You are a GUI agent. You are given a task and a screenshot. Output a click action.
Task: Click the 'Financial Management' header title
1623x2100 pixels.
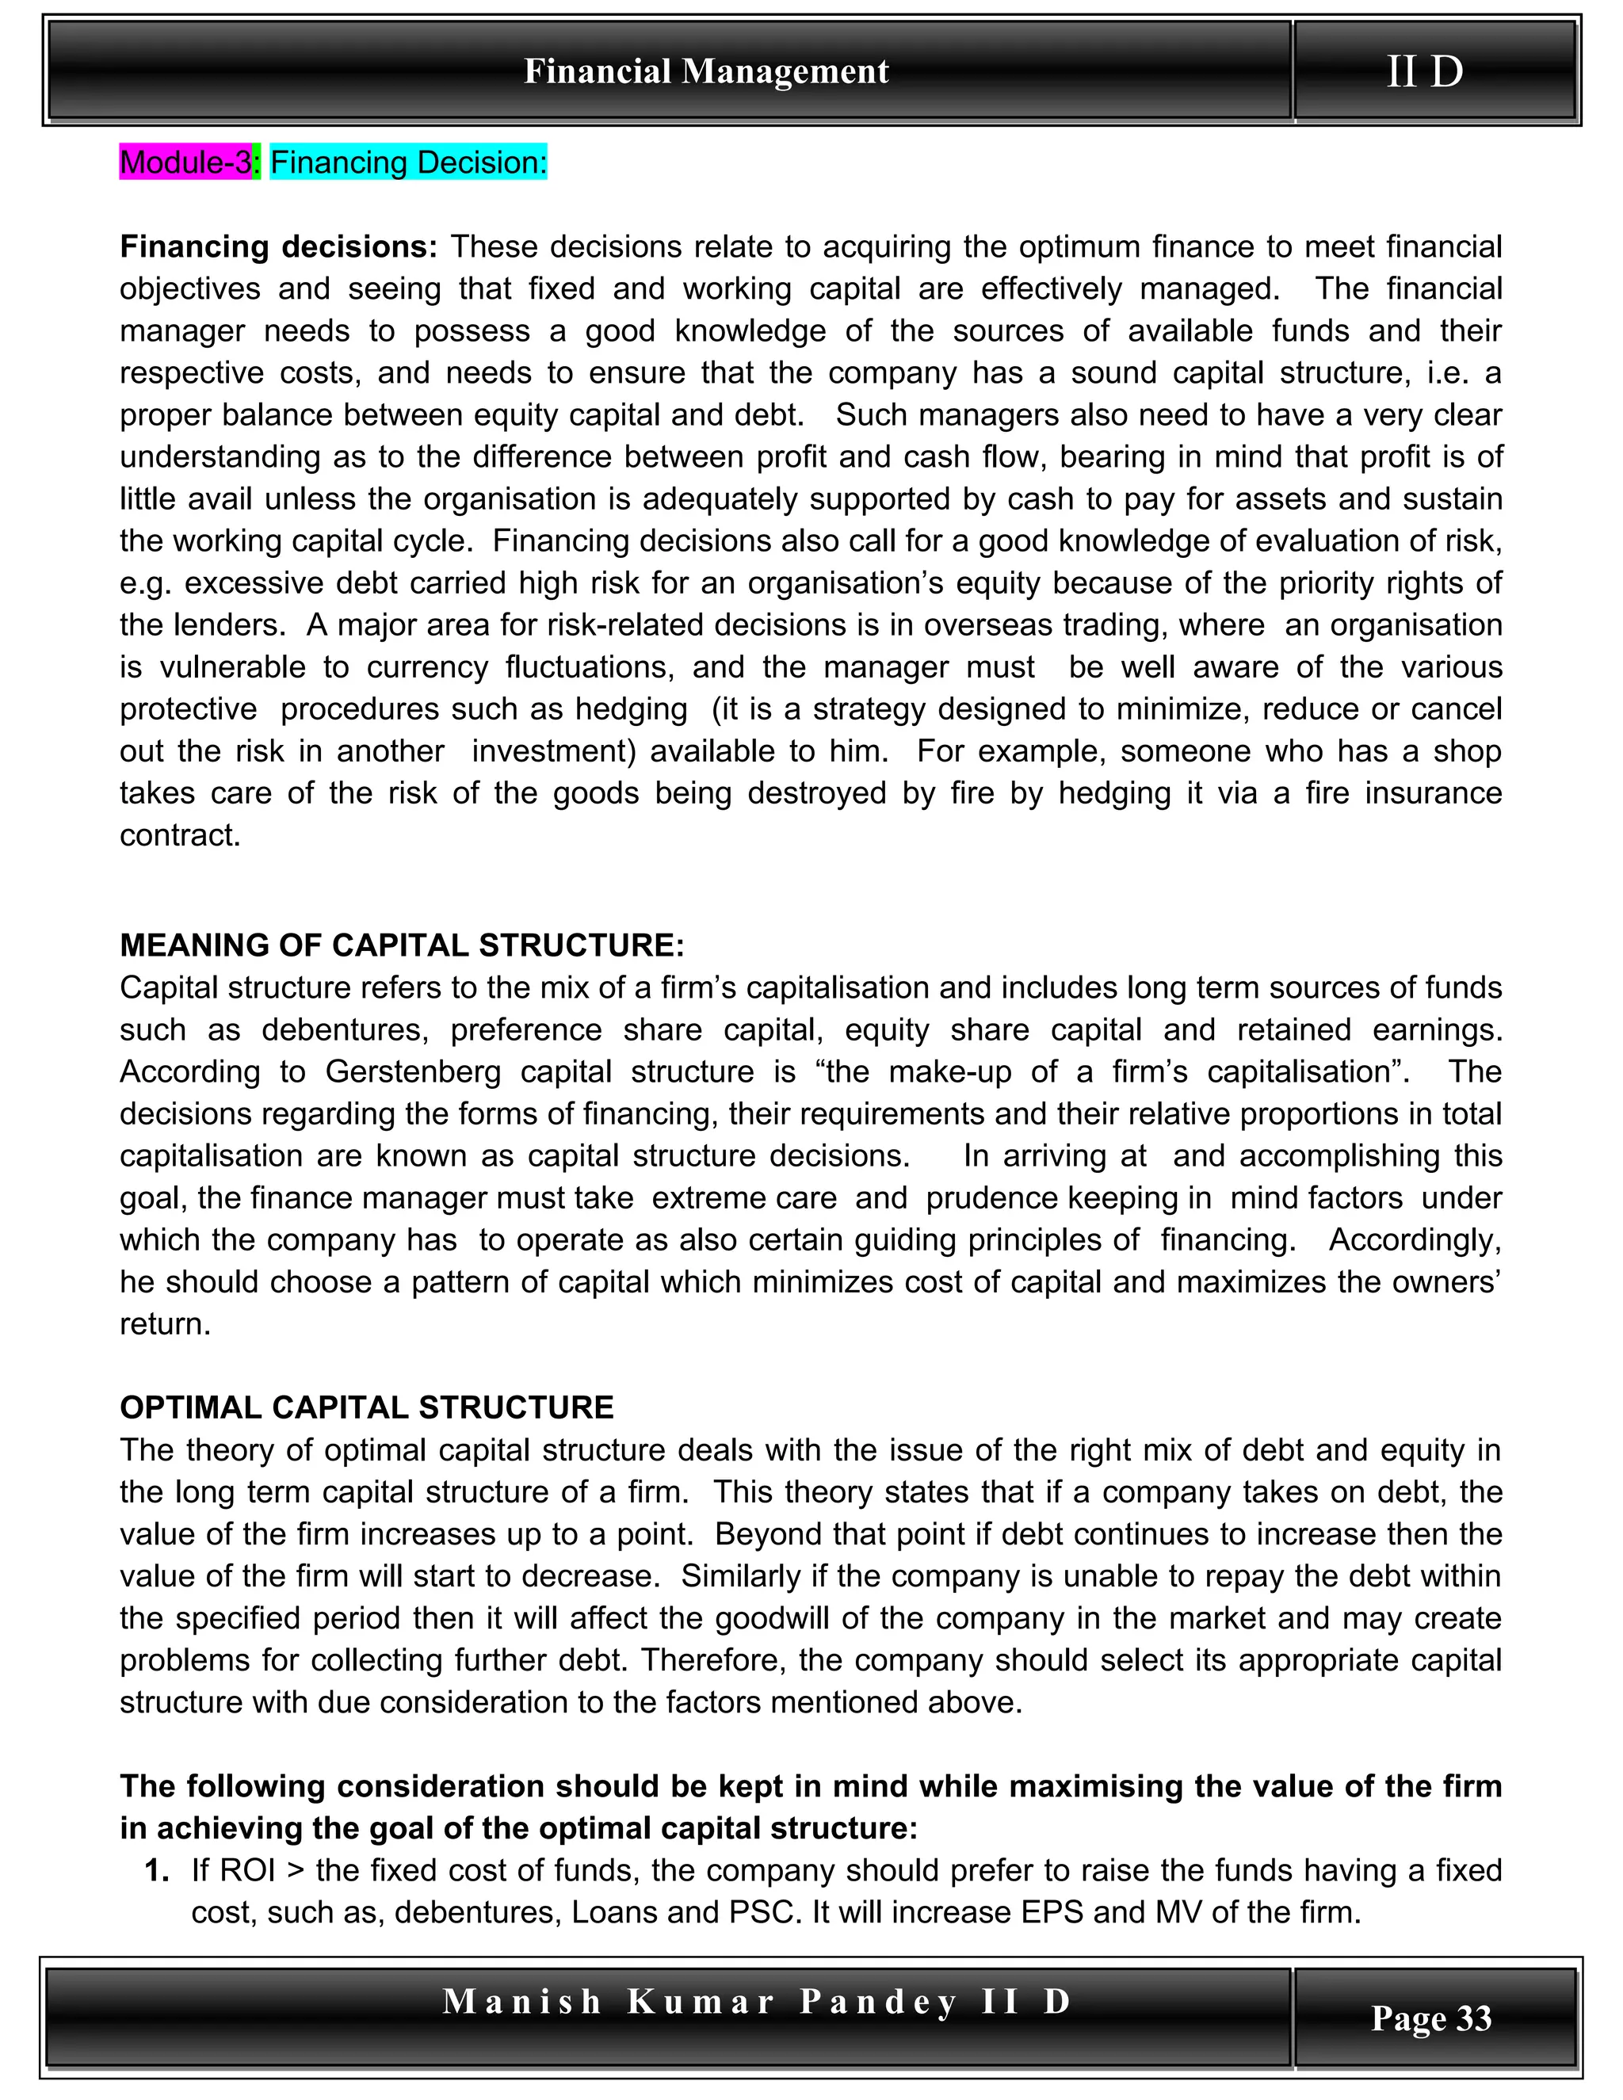tap(706, 71)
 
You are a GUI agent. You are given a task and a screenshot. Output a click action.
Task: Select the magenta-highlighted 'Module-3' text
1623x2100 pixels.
tap(185, 162)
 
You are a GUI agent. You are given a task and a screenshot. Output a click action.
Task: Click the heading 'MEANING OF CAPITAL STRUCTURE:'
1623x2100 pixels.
tap(401, 945)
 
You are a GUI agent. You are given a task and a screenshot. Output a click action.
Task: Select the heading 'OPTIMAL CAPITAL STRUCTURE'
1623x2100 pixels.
tap(366, 1407)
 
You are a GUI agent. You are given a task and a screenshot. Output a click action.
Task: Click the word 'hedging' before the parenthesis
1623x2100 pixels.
tap(631, 708)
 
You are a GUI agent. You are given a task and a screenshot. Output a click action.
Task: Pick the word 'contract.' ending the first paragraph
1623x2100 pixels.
tap(180, 834)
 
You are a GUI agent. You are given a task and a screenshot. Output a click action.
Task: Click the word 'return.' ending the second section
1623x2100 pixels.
tap(164, 1324)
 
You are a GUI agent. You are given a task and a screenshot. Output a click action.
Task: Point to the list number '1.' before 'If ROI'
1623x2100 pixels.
tap(158, 1870)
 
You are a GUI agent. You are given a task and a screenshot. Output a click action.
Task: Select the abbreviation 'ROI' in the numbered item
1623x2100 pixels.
tap(247, 1870)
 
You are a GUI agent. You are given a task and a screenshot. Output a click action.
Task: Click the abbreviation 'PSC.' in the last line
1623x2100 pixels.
tap(766, 1911)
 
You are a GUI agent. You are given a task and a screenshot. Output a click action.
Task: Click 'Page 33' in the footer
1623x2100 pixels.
tap(1430, 2018)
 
